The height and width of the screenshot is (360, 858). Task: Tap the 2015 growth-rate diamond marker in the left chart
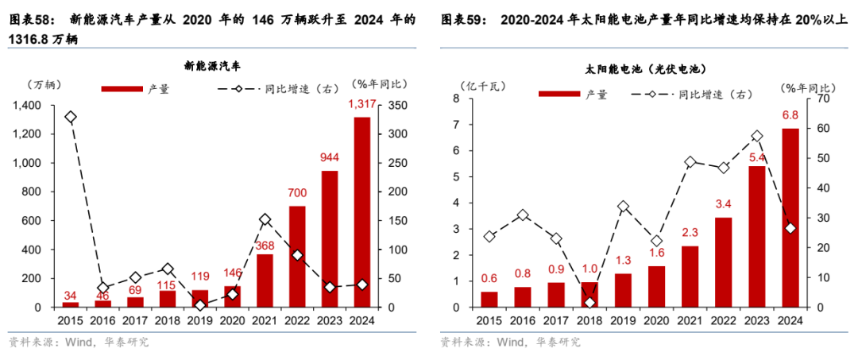coord(71,117)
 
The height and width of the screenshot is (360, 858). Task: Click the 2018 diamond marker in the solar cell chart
coord(589,303)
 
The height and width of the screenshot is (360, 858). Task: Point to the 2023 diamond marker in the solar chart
coord(757,137)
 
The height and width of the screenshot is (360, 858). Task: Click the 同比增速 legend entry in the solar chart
coord(687,95)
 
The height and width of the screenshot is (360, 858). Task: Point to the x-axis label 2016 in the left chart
coord(103,320)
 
